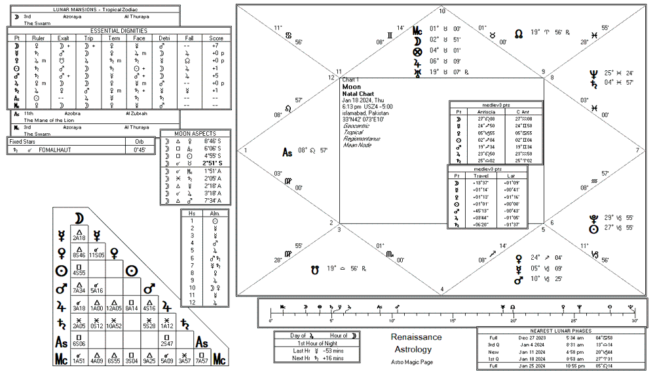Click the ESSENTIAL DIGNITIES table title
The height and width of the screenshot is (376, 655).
pos(119,30)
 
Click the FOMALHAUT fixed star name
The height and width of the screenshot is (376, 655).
pos(62,150)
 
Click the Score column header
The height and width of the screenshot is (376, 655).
pos(216,38)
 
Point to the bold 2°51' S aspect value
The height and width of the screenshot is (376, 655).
pos(210,163)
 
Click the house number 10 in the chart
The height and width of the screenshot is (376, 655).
pos(442,11)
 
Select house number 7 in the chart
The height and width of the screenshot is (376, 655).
pos(637,150)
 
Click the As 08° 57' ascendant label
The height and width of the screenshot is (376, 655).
pos(305,152)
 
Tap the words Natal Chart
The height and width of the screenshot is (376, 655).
pos(358,93)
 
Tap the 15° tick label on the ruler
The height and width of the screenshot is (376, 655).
pos(452,321)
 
